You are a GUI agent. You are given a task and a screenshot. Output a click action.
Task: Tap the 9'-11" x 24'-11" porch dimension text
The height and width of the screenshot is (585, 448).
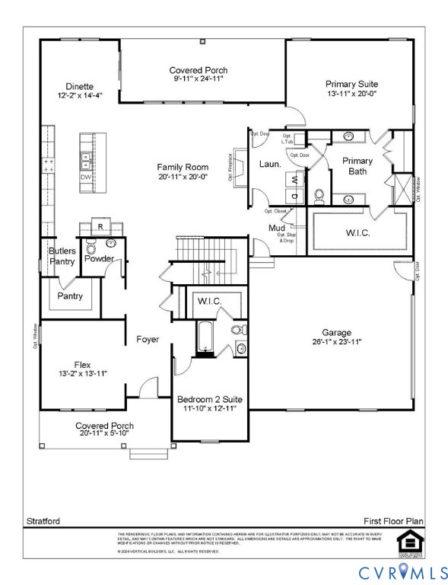tap(198, 78)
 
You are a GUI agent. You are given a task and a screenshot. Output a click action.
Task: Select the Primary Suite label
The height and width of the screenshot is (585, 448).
tap(351, 84)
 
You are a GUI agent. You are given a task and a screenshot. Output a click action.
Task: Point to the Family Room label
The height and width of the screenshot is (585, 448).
tap(183, 167)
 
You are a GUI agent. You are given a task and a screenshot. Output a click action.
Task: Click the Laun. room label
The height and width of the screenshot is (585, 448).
tap(270, 164)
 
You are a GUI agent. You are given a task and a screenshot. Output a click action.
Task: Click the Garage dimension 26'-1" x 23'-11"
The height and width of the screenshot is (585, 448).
tap(336, 342)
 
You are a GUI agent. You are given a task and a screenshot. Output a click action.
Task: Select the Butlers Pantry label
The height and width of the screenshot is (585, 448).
tap(62, 256)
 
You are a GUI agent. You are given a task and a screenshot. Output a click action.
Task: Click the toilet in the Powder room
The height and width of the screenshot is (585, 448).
tap(91, 248)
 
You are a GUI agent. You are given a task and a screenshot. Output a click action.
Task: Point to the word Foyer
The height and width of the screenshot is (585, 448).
tap(148, 339)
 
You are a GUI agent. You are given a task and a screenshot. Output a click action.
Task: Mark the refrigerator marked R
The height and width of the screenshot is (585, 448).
tap(100, 225)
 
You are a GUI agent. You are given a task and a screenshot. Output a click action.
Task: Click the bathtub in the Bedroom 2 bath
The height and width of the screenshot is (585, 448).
tap(205, 339)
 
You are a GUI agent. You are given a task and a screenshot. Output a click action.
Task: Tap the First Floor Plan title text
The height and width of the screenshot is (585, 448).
tap(392, 521)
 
